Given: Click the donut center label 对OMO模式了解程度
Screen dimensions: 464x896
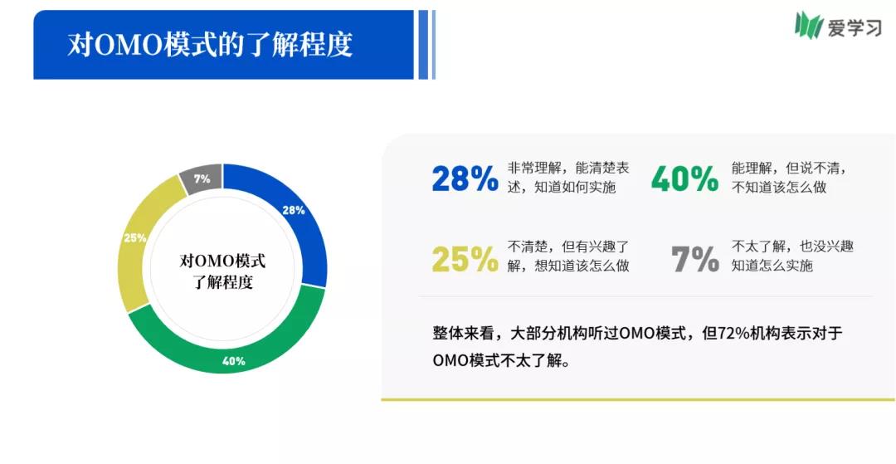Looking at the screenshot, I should click(222, 271).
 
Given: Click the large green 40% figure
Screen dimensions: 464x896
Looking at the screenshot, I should click(684, 178).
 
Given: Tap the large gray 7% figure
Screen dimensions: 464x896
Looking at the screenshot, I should click(695, 259).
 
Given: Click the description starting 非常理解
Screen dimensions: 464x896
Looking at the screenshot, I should click(568, 178).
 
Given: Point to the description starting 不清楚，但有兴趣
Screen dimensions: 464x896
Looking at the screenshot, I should click(568, 256).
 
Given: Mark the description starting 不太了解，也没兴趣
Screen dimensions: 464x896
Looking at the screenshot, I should click(792, 256).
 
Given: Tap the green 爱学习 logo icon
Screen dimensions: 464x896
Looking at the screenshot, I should click(808, 26).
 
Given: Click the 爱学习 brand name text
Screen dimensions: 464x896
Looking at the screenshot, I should click(855, 27).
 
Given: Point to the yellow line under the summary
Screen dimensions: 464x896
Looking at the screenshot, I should click(638, 399).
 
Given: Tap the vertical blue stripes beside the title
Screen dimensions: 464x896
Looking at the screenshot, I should click(426, 45).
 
